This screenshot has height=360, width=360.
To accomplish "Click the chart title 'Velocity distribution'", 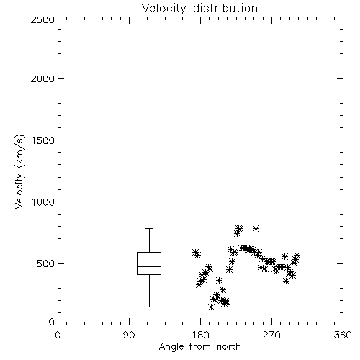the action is [199, 8].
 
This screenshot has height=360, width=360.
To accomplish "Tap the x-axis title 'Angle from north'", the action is [199, 347].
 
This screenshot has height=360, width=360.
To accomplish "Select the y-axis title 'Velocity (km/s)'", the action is [19, 172].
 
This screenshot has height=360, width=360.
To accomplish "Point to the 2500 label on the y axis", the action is [42, 20].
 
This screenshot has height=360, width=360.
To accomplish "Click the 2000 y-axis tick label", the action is [42, 79].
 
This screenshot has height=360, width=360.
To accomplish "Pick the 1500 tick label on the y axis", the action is [43, 140].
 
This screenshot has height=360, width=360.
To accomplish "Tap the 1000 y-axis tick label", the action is [43, 202].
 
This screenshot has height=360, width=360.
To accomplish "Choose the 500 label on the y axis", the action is [46, 264].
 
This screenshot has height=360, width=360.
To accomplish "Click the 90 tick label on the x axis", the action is [129, 335].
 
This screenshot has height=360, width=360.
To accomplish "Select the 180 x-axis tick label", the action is [200, 335].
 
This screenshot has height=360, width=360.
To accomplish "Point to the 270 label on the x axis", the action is [271, 335].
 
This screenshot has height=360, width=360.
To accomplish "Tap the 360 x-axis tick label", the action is [343, 335].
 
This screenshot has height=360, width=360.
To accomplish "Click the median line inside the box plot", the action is [149, 266].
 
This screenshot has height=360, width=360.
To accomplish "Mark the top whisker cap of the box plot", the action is [149, 229].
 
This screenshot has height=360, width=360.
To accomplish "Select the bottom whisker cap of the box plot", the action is [149, 307].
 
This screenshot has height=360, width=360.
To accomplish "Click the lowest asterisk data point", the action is [211, 307].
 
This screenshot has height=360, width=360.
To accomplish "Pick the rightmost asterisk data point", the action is [297, 255].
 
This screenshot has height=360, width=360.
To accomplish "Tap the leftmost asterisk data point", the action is [195, 253].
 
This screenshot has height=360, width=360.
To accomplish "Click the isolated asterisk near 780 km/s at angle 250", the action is [256, 228].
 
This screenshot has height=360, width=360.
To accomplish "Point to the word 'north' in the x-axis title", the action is [229, 347].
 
